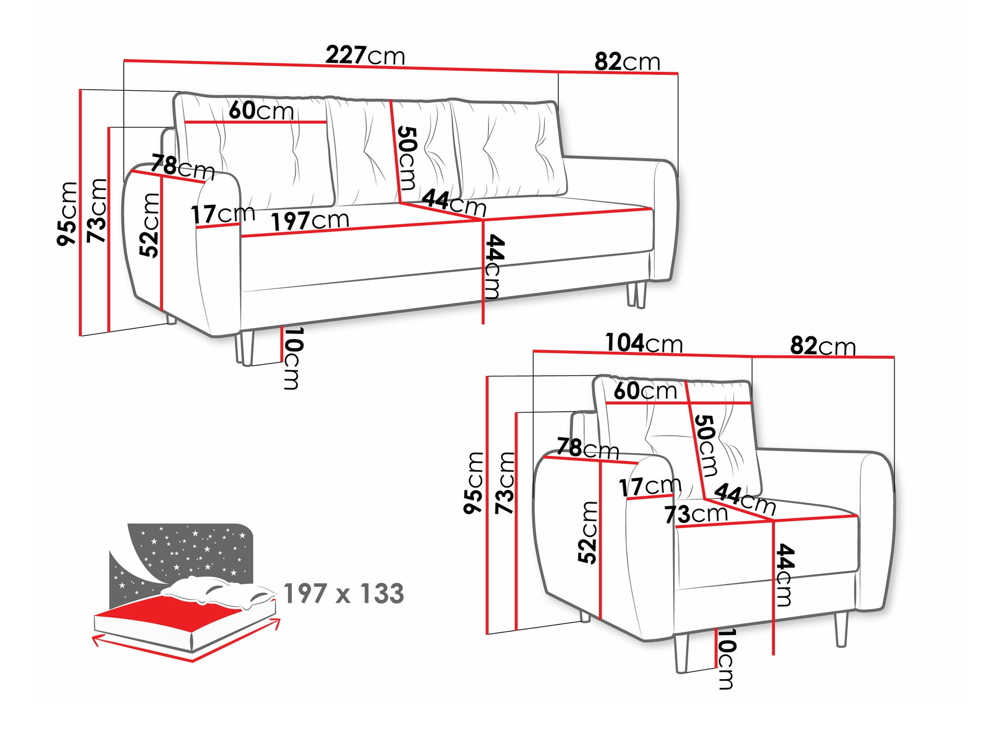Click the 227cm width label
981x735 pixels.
click(365, 55)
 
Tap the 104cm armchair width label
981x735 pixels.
click(643, 343)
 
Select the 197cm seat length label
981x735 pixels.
click(310, 221)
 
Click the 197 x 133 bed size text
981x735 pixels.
click(343, 594)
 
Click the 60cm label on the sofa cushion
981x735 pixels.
click(261, 110)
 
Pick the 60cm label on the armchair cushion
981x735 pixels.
click(645, 391)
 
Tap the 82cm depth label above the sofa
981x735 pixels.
click(627, 62)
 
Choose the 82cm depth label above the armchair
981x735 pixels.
click(823, 347)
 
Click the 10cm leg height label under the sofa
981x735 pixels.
click(292, 358)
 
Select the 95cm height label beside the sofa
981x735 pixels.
click(67, 213)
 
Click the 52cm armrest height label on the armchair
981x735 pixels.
click(588, 532)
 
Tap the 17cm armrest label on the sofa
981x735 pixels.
click(223, 214)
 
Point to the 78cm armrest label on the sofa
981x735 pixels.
click(182, 167)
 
